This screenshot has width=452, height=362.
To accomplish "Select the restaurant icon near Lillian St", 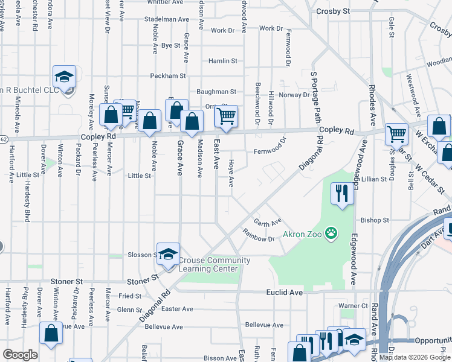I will [x=341, y=193].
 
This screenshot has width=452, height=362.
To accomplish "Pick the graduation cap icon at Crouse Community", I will [x=168, y=253].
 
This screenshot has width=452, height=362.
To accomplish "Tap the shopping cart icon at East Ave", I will [x=226, y=115].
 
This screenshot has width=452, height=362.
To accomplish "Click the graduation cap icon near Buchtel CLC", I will [x=64, y=76].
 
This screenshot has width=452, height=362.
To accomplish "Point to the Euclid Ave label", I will [x=284, y=292].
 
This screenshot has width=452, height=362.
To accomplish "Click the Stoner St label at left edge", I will [x=66, y=282].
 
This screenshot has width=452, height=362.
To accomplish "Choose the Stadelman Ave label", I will [x=167, y=19].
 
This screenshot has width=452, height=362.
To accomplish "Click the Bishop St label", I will [x=375, y=221].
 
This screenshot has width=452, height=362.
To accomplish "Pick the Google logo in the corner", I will [x=20, y=355].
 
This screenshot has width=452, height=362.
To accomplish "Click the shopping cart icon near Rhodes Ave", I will [x=396, y=134].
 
